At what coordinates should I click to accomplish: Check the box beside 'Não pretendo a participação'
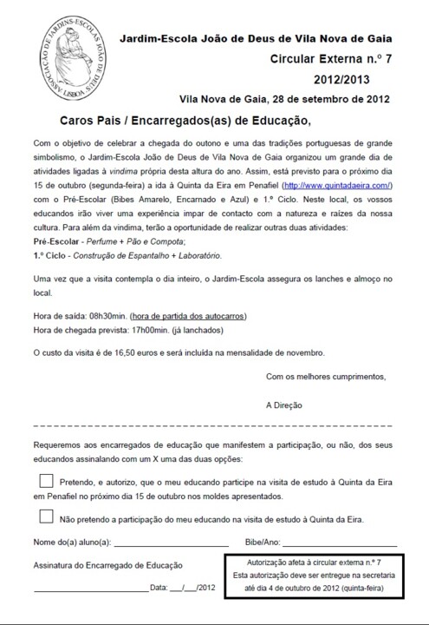point(46,516)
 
